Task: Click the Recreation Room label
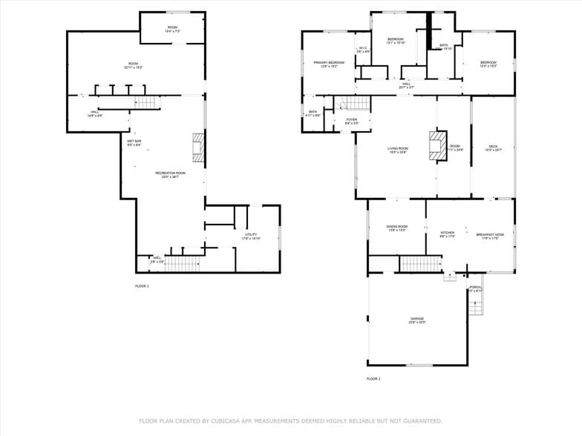(x=170, y=174)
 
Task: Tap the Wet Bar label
(x=134, y=142)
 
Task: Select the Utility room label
(x=251, y=236)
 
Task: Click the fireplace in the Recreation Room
(x=197, y=147)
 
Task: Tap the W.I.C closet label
(x=363, y=50)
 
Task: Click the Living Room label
(x=398, y=150)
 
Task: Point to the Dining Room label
(x=396, y=228)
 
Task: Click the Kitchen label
(x=447, y=234)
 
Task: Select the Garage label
(x=417, y=320)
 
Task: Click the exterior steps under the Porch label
(x=476, y=304)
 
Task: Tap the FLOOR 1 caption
(x=142, y=286)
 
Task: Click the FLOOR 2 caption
(x=373, y=379)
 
